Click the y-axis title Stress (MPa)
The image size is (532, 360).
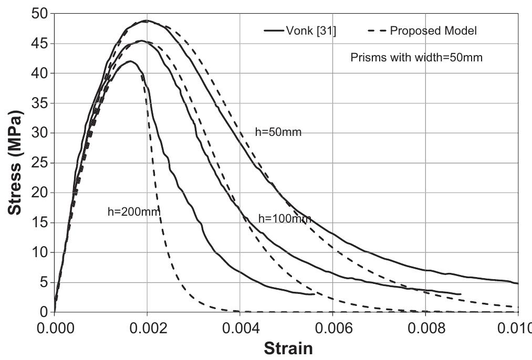click(16, 163)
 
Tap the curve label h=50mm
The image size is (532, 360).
click(278, 132)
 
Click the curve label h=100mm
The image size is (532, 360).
click(285, 219)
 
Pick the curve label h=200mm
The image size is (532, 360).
click(133, 211)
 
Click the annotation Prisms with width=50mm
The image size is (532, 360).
click(416, 58)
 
